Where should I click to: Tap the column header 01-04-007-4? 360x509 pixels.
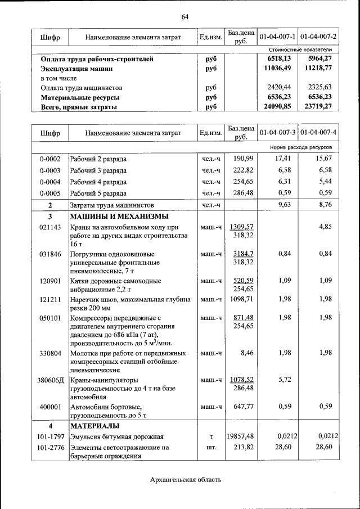tap(318, 133)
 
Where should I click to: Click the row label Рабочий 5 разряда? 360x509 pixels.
tap(98, 193)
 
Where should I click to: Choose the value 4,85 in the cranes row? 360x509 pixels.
tap(325, 227)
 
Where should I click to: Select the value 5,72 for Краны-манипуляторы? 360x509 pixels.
tap(283, 380)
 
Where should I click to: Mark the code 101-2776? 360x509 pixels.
tap(50, 447)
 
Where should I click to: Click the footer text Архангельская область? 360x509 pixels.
tap(185, 480)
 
